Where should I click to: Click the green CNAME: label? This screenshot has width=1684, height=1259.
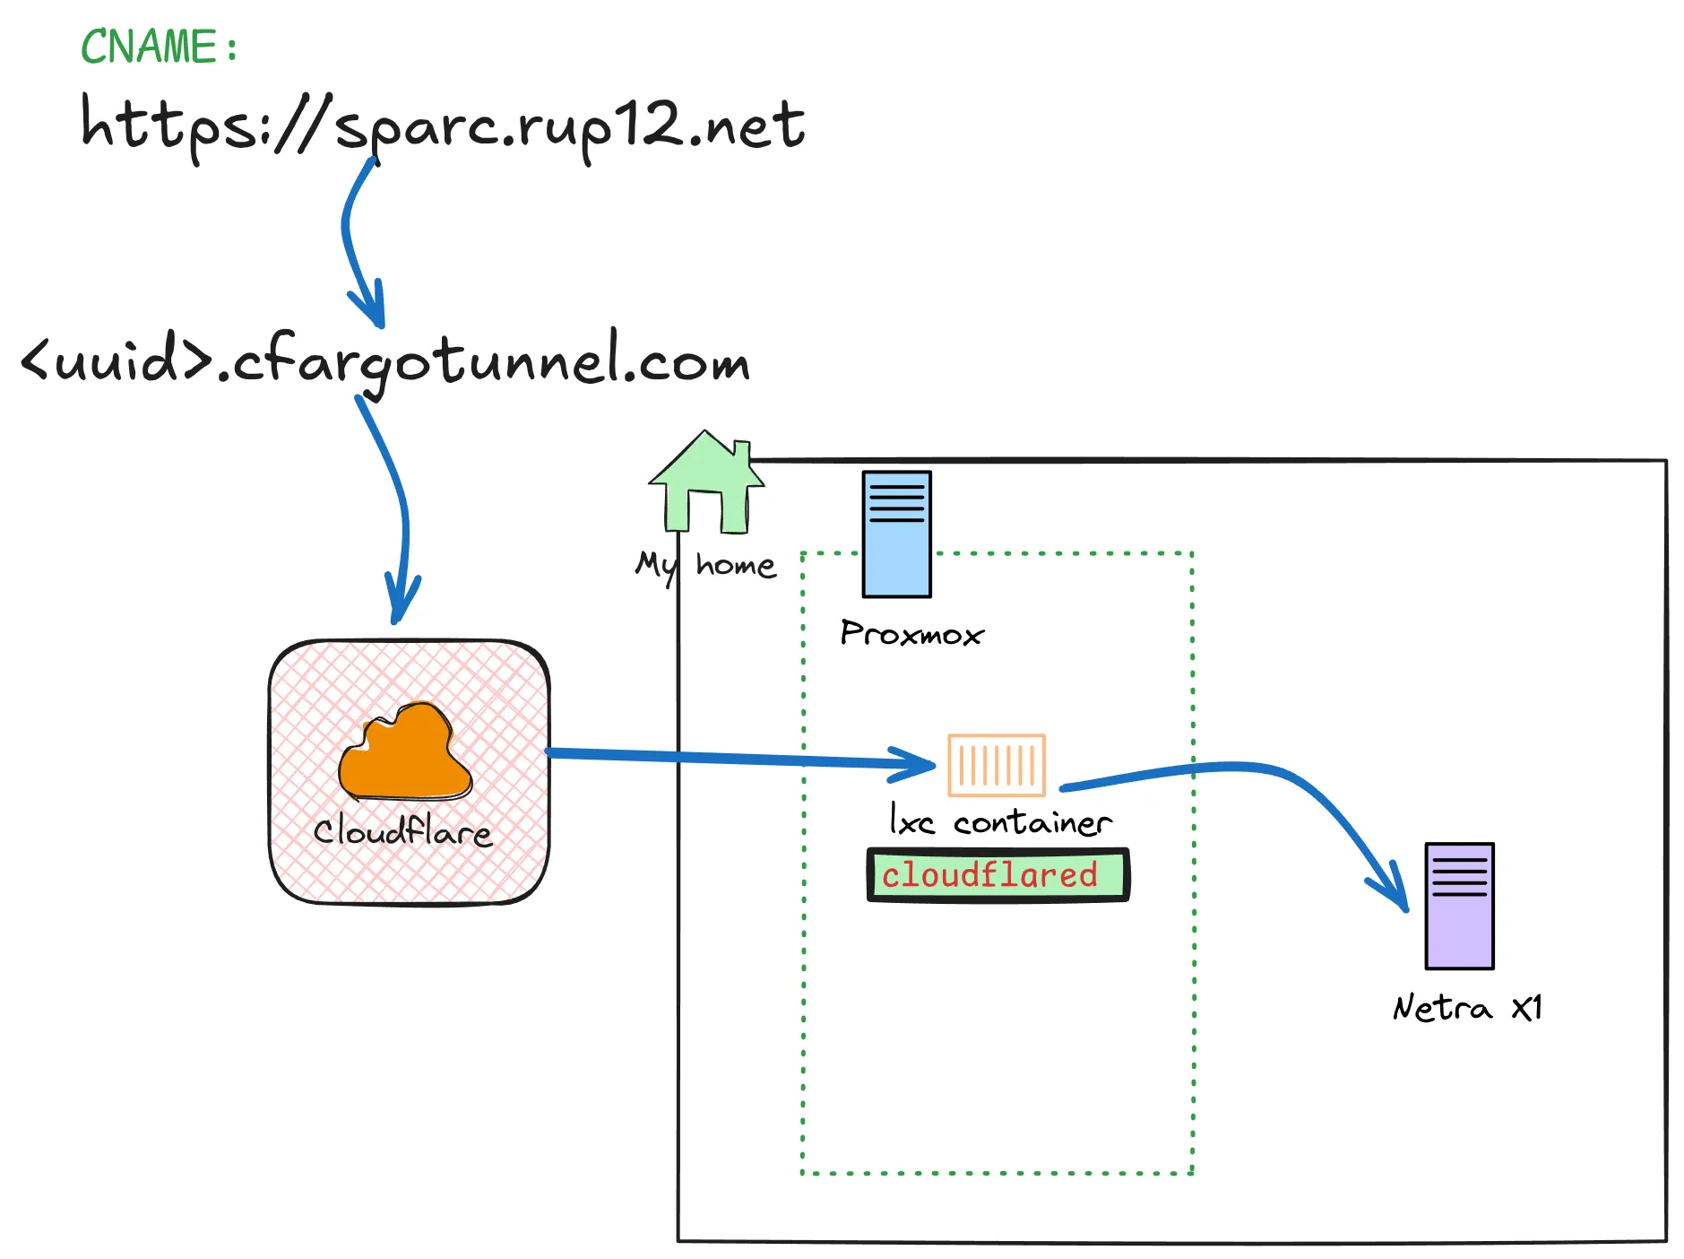coord(159,47)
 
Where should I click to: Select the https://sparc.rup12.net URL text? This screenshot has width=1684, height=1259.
coord(443,126)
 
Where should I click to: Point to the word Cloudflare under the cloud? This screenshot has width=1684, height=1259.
coord(402,831)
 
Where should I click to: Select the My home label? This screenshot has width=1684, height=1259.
coord(705,566)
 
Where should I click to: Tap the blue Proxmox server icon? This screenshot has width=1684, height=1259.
coord(896,534)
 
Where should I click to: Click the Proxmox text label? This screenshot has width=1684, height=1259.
coord(911,634)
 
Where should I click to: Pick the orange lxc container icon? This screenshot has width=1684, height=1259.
coord(997,765)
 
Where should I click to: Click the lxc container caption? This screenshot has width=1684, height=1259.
coord(1000,821)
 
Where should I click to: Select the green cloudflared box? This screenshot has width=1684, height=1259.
coord(997,874)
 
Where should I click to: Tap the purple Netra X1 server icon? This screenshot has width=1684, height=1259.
coord(1459,906)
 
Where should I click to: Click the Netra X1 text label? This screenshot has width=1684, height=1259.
coord(1467,1008)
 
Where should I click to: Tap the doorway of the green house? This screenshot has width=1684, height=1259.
coord(704,512)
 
